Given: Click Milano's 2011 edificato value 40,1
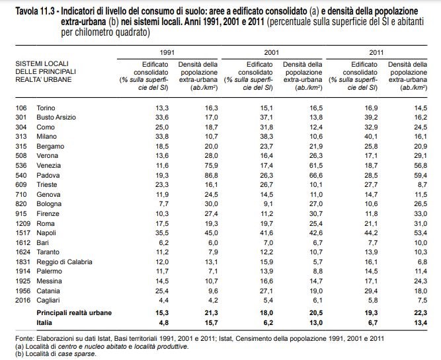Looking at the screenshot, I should (371, 135).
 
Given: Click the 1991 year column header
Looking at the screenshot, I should (168, 52).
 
